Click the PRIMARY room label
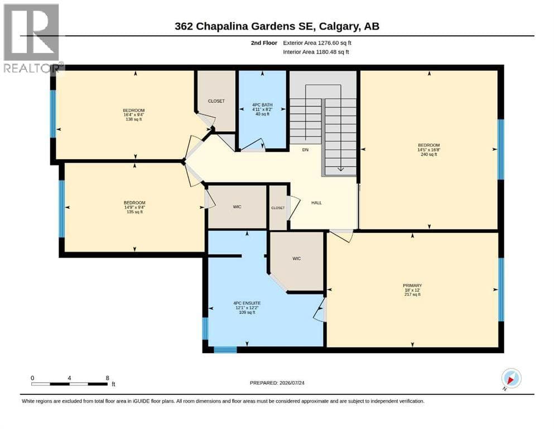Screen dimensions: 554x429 pyautogui.click(x=412, y=285)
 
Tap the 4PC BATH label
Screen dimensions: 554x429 pyautogui.click(x=262, y=104)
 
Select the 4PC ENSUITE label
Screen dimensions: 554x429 pyautogui.click(x=247, y=303)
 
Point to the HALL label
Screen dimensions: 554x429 pyautogui.click(x=316, y=203)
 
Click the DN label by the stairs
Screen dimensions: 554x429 pyautogui.click(x=305, y=150)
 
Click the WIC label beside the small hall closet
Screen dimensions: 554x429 pyautogui.click(x=237, y=207)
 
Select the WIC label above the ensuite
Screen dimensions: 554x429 pyautogui.click(x=296, y=259)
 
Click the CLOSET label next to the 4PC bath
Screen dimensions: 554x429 pyautogui.click(x=216, y=101)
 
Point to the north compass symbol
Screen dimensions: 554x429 pyautogui.click(x=511, y=379)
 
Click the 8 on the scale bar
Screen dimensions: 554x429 pyautogui.click(x=108, y=378)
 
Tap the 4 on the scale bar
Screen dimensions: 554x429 pyautogui.click(x=69, y=378)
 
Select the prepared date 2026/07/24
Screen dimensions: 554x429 pyautogui.click(x=292, y=383)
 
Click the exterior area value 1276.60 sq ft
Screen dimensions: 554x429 pyautogui.click(x=334, y=43)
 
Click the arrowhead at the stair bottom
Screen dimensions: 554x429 pyautogui.click(x=340, y=169)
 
